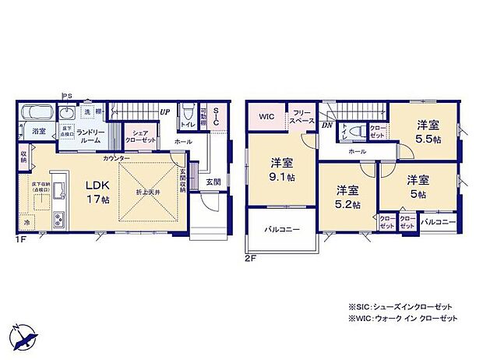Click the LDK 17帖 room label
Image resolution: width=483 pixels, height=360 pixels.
(97, 190)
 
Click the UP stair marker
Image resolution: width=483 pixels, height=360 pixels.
(165, 111)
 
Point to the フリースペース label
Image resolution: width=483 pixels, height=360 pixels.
(301, 117)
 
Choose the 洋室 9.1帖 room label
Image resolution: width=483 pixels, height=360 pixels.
(282, 170)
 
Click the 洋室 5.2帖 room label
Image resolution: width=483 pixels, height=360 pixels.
(347, 196)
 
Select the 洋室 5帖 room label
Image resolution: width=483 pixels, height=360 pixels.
(418, 185)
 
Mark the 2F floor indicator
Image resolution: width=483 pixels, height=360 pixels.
(251, 258)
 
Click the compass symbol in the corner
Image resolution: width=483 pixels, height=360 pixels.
(24, 334)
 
